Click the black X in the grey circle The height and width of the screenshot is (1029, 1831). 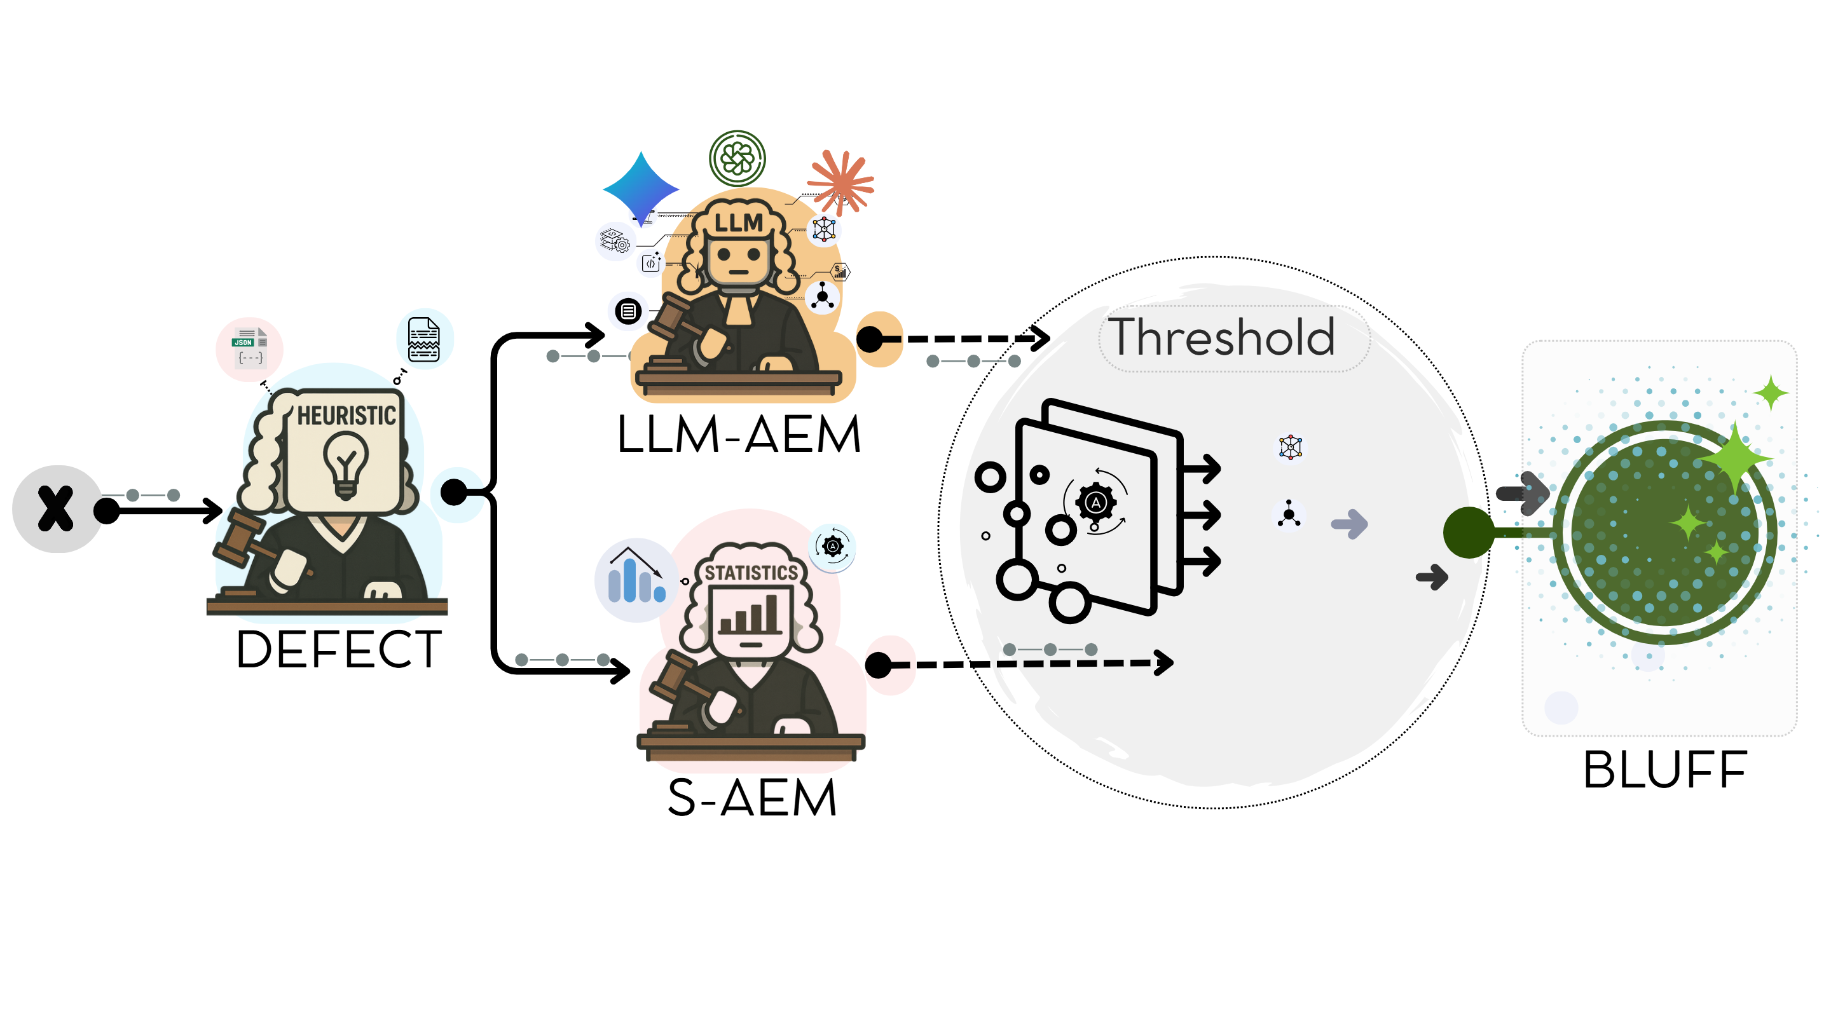(55, 509)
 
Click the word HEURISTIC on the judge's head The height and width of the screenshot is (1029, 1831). (346, 415)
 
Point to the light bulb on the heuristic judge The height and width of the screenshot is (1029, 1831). (345, 463)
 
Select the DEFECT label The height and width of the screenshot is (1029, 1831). (338, 649)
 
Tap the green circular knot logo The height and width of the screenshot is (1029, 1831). (737, 158)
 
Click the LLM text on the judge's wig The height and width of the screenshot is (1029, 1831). (739, 223)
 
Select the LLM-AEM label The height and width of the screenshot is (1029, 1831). (739, 434)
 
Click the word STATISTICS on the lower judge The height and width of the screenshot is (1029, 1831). (751, 573)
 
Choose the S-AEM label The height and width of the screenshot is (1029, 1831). (751, 798)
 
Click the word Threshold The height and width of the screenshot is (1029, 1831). (1221, 337)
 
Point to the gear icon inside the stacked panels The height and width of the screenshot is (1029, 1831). (1095, 502)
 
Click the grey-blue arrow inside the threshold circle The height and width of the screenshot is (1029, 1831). (1349, 524)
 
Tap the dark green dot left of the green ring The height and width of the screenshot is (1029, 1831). (1469, 532)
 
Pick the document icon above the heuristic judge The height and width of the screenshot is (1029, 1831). (423, 339)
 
